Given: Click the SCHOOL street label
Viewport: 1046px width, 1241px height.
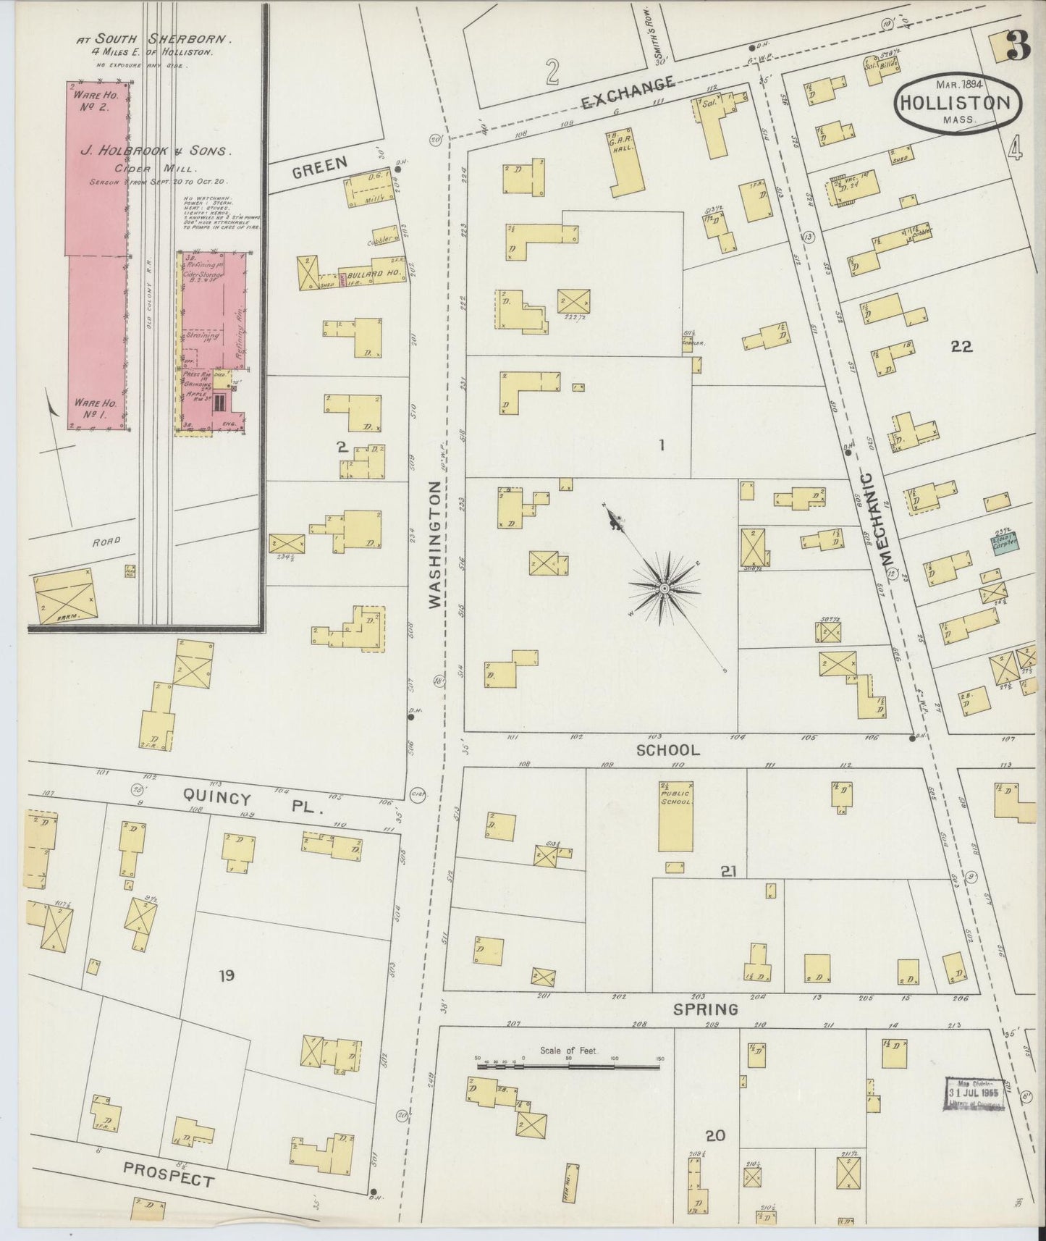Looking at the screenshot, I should click(667, 750).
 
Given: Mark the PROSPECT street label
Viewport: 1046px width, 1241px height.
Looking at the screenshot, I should click(168, 1174).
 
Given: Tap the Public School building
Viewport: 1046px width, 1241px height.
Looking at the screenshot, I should click(675, 817).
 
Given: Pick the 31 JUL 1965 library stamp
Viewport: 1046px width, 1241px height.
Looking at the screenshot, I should click(975, 1093).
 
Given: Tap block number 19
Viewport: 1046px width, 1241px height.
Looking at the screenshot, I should click(227, 976).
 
